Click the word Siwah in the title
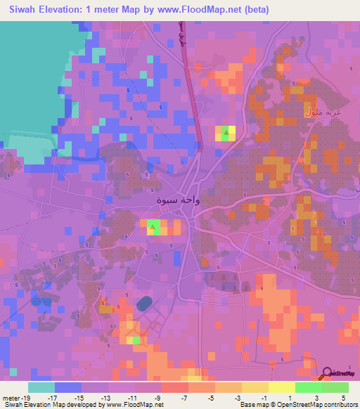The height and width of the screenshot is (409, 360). pos(26,10)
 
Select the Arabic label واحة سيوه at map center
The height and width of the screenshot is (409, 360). pos(178,200)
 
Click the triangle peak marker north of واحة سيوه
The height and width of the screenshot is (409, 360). pos(226,131)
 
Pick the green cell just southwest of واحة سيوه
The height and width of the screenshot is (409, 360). pos(153,224)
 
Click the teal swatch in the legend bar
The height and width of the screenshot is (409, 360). pos(41,387)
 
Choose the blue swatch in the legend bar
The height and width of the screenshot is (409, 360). pos(68,387)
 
